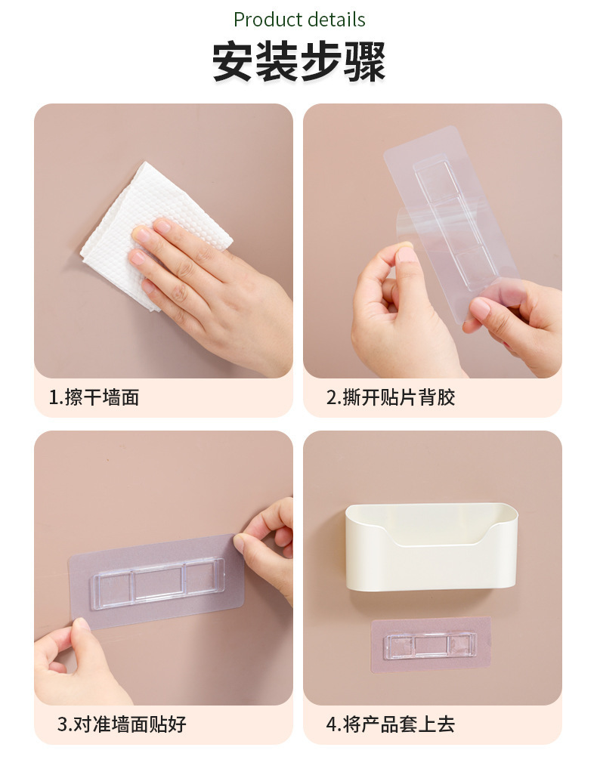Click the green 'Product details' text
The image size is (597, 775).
(x=299, y=20)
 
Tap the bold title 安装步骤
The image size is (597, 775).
(x=298, y=62)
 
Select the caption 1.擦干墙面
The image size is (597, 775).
(x=94, y=397)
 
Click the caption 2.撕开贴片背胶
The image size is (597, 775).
(x=390, y=397)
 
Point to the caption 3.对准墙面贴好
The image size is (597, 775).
(x=122, y=724)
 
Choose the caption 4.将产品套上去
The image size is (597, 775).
(x=390, y=724)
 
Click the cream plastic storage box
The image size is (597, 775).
(x=432, y=547)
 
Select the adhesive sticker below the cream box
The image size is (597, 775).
(x=431, y=644)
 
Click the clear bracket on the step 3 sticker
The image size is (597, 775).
(x=158, y=583)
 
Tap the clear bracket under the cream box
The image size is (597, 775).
(x=430, y=646)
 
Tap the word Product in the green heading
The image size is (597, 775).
(x=268, y=20)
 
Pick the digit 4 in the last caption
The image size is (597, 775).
(x=331, y=725)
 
